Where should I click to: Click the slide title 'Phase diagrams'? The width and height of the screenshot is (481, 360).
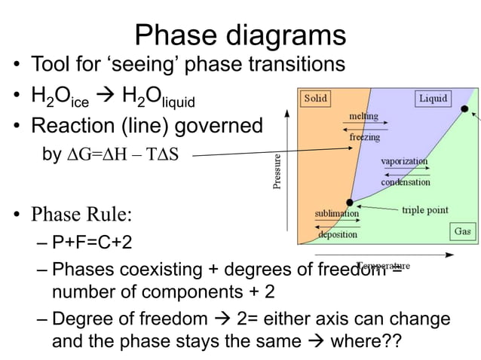(240, 35)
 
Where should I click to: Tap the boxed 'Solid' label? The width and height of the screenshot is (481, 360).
(315, 99)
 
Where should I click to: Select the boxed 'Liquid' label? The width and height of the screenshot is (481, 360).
(433, 99)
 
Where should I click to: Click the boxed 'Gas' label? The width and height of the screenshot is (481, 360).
(462, 231)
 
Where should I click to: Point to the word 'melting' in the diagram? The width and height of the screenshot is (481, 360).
(364, 117)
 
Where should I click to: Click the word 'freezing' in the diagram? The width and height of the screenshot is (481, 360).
(364, 138)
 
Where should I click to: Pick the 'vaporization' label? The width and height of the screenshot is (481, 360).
(405, 161)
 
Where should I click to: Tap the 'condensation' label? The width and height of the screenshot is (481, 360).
(406, 182)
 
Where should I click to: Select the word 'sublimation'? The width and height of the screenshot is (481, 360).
(336, 213)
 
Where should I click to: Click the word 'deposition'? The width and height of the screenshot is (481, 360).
(337, 234)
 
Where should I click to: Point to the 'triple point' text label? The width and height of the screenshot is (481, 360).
(425, 209)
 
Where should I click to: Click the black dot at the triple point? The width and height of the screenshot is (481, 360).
(349, 202)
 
